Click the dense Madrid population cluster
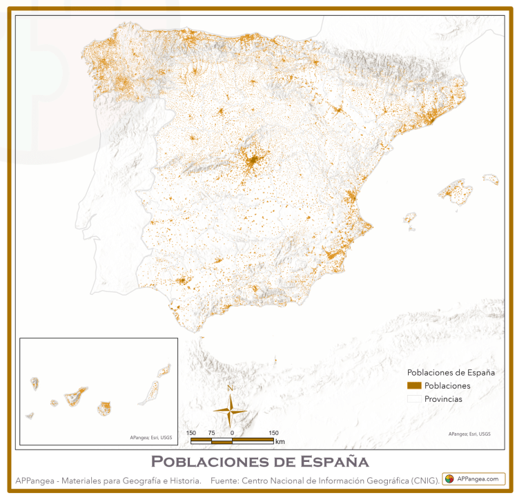tap(253, 163)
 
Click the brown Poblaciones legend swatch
tap(414, 385)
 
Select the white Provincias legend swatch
tap(414, 398)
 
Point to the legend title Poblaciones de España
tap(451, 372)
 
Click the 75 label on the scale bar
tap(211, 433)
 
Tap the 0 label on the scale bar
tap(232, 433)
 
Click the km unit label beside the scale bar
tap(280, 441)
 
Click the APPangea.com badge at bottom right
tap(474, 479)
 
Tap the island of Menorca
tap(491, 179)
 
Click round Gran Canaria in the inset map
tap(104, 408)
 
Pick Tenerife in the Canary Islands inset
tap(76, 396)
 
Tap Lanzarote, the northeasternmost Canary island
tap(164, 371)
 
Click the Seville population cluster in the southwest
tap(183, 280)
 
